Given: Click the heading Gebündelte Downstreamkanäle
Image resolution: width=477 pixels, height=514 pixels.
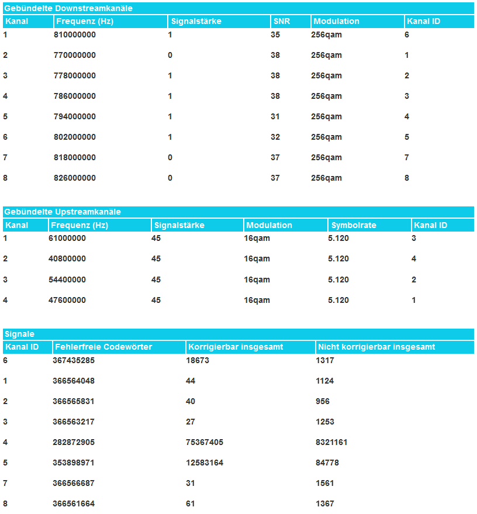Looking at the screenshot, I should click(68, 9).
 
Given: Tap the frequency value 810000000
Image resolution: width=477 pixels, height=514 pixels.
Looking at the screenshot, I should click(74, 35).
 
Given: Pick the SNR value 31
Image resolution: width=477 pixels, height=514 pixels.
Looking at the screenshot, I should click(275, 117).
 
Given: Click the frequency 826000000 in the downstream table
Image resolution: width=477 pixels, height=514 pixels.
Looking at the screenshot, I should click(74, 178).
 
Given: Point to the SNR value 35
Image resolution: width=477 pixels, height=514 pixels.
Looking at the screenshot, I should click(275, 35).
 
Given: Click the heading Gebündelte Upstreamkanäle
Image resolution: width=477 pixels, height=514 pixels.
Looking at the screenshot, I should click(63, 212).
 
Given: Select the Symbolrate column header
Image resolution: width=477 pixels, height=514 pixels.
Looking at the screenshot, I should click(354, 225).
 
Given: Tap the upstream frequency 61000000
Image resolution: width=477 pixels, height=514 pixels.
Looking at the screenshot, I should click(67, 239).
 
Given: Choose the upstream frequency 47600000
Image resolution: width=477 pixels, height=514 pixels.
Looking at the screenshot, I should click(67, 301).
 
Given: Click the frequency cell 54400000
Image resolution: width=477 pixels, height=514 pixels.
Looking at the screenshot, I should click(67, 280).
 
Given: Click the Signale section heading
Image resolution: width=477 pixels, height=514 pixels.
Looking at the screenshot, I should click(19, 334).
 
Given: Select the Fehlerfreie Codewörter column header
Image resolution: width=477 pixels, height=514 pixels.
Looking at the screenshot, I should click(103, 347).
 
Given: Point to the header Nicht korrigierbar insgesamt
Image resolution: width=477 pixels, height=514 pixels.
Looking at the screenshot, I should click(376, 347).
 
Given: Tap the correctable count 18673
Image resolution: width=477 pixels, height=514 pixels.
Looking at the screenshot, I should click(198, 361).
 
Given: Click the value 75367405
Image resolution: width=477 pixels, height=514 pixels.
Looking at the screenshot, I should click(205, 443).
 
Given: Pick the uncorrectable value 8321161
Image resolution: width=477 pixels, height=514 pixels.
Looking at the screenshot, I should click(331, 443).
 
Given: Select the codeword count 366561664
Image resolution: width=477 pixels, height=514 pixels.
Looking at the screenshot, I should click(74, 504).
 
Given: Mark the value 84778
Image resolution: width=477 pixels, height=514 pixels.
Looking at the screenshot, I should click(327, 463).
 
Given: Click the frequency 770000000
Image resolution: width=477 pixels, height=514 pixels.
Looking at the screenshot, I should click(74, 56).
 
